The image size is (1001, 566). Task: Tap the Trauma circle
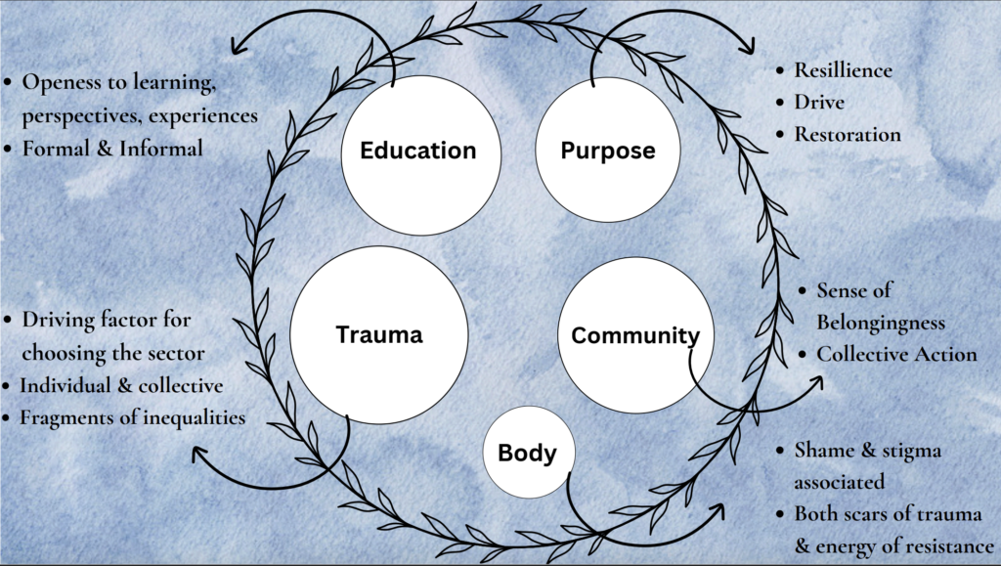[x=378, y=335]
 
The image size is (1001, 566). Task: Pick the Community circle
[x=635, y=335]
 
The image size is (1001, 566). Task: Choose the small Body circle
[x=528, y=453]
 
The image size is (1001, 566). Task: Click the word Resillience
[x=843, y=70]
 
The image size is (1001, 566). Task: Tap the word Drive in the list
[x=819, y=102]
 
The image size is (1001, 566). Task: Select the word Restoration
[x=848, y=134]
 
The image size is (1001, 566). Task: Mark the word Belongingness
[x=881, y=323]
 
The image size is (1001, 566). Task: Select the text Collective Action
[x=896, y=354]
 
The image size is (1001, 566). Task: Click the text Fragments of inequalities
[x=133, y=417]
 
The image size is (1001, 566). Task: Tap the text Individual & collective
[x=121, y=385]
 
